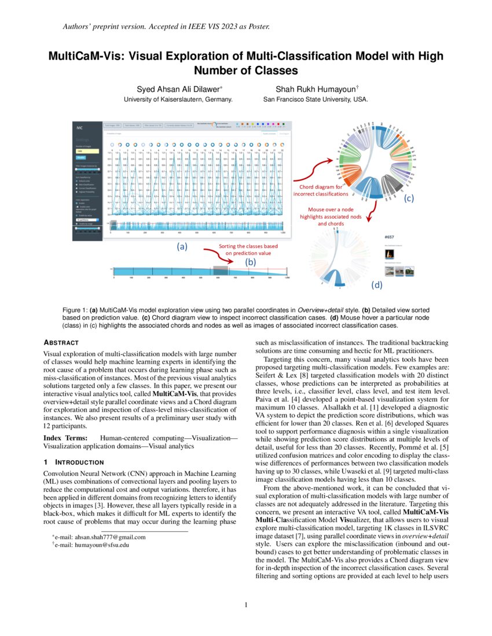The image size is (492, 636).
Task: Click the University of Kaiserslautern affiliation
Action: coord(178,99)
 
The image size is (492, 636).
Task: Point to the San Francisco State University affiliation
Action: coord(316,99)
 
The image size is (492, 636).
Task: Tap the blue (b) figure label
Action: coord(250,262)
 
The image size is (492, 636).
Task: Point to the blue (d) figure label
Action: coord(377,285)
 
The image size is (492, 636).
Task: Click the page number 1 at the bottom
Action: coord(246,605)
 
